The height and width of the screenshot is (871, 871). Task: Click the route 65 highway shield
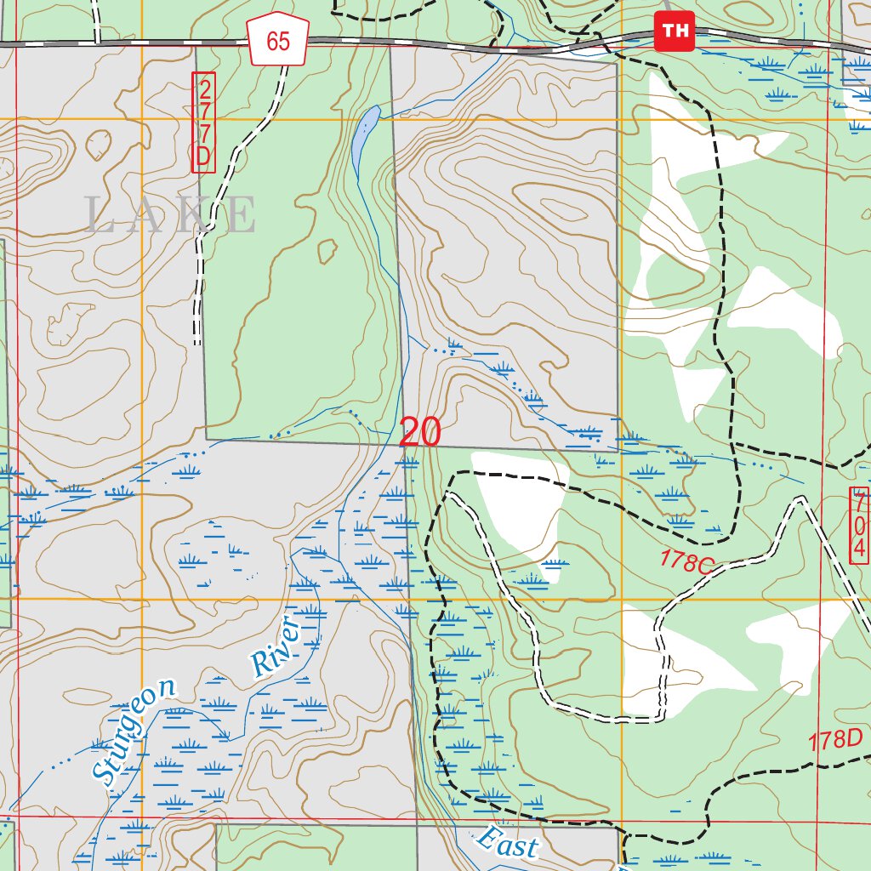pyautogui.click(x=278, y=41)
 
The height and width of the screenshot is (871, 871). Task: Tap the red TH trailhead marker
pyautogui.click(x=675, y=31)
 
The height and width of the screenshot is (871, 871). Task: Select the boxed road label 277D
pyautogui.click(x=204, y=122)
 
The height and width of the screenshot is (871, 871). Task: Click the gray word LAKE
pyautogui.click(x=170, y=215)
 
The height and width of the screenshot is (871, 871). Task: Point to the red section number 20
pyautogui.click(x=419, y=432)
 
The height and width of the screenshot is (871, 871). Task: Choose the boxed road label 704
pyautogui.click(x=859, y=525)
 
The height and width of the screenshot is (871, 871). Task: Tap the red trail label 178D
pyautogui.click(x=835, y=740)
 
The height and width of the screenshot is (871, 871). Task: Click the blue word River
pyautogui.click(x=276, y=647)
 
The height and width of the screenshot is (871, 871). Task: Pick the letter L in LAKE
pyautogui.click(x=100, y=215)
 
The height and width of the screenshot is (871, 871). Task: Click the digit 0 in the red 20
pyautogui.click(x=430, y=432)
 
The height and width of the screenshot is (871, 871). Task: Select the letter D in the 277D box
pyautogui.click(x=204, y=156)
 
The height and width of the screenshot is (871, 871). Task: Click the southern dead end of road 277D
pyautogui.click(x=197, y=343)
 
